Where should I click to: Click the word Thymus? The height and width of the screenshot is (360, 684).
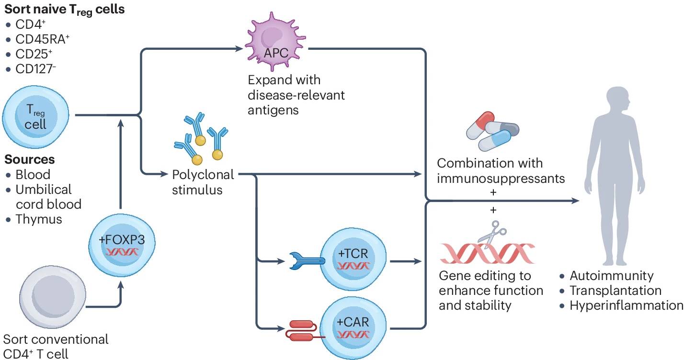pyautogui.click(x=39, y=219)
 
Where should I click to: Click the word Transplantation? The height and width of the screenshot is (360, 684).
pyautogui.click(x=615, y=291)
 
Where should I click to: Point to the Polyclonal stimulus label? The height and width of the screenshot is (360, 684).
pyautogui.click(x=203, y=182)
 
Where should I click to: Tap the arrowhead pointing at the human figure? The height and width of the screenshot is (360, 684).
pyautogui.click(x=575, y=202)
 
